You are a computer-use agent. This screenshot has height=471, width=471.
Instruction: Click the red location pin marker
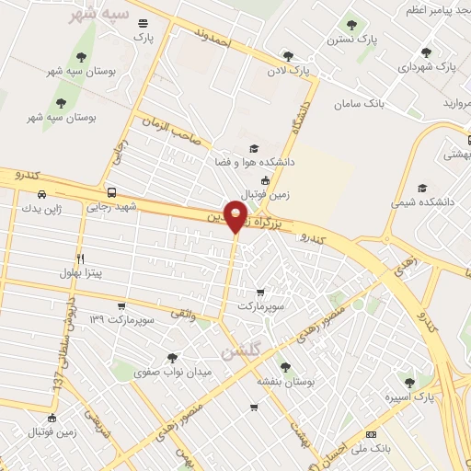[236, 218]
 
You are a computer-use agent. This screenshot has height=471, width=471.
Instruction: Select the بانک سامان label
[384, 103]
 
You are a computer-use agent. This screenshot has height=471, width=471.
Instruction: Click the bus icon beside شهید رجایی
[111, 193]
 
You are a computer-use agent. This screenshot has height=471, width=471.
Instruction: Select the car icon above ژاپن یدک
[42, 194]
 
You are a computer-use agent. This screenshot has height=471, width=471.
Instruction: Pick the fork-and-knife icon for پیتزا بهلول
[81, 258]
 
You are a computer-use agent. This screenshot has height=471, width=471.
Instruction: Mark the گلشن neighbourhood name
[241, 353]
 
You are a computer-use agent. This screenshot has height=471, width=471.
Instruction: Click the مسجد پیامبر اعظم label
[433, 9]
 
